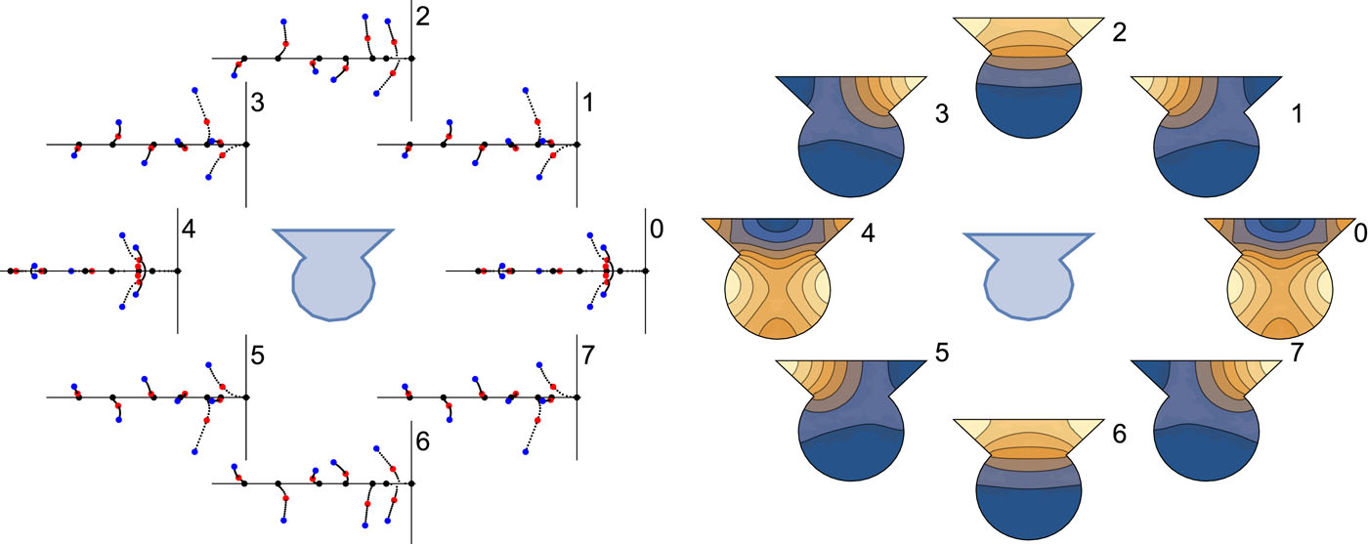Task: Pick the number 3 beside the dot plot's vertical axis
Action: [257, 101]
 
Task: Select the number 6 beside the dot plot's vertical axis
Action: [422, 440]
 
